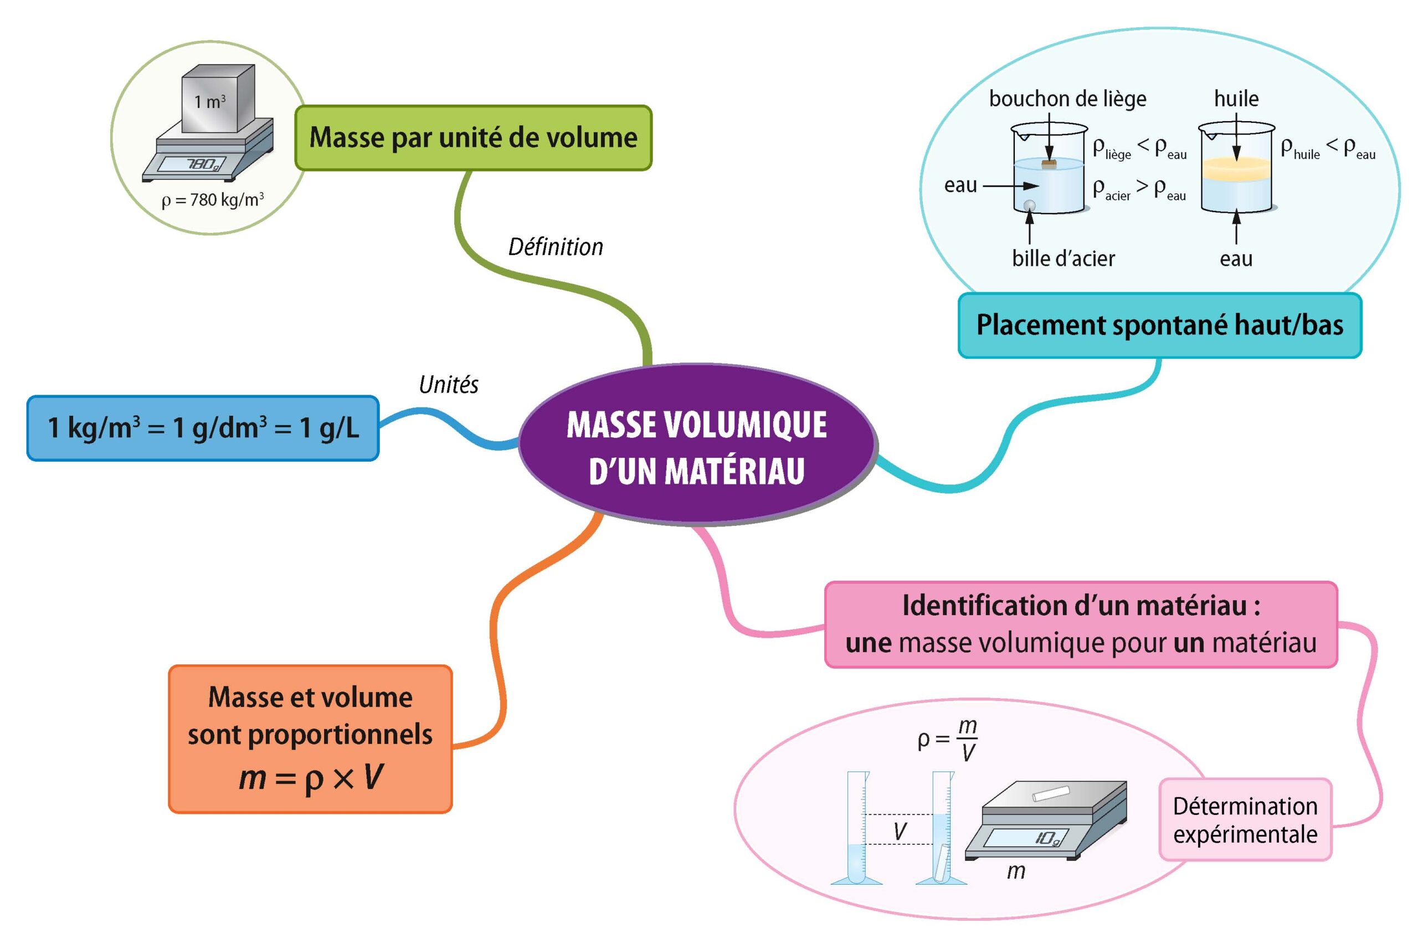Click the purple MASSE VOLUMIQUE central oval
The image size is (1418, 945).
[696, 446]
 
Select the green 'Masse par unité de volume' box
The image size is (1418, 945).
[473, 138]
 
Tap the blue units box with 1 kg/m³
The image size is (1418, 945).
[203, 428]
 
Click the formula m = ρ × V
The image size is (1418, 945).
[311, 777]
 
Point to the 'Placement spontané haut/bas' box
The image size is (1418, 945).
[1159, 326]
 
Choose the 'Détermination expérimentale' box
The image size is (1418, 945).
[1245, 820]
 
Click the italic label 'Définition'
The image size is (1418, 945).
[555, 247]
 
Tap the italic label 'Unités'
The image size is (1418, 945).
[449, 385]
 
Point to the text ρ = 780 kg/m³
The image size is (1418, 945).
[212, 200]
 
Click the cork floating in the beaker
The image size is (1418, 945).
[1049, 163]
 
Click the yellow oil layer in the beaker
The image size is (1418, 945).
[1236, 169]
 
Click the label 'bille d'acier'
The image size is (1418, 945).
[1063, 259]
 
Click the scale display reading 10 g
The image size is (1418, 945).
[1048, 838]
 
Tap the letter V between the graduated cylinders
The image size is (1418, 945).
[900, 832]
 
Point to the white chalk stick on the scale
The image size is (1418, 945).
[1051, 794]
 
